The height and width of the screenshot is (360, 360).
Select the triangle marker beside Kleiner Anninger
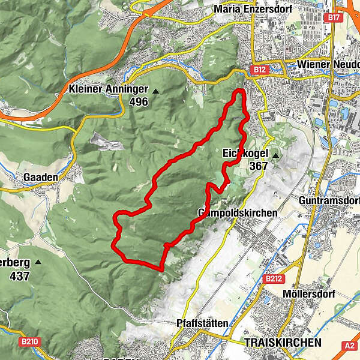click(156, 91)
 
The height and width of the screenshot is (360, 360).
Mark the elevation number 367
click(259, 166)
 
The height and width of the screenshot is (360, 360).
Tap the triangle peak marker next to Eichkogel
click(276, 155)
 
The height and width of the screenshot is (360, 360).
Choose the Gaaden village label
click(40, 178)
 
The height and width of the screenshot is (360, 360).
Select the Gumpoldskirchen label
click(238, 213)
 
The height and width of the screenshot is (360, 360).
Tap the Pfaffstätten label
click(202, 323)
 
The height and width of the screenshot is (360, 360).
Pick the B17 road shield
click(334, 18)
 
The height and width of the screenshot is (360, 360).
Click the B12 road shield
click(259, 70)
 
